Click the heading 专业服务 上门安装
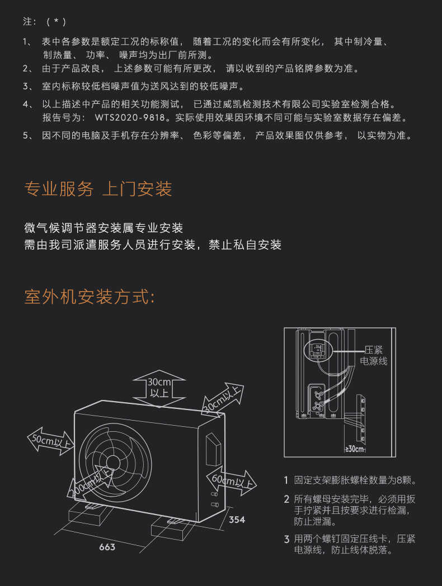pyautogui.click(x=98, y=189)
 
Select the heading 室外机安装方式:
pyautogui.click(x=90, y=297)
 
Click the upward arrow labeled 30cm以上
pyautogui.click(x=159, y=387)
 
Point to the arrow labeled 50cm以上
pyautogui.click(x=50, y=441)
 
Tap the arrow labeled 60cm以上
pyautogui.click(x=232, y=480)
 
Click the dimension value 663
pyautogui.click(x=107, y=547)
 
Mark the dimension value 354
pyautogui.click(x=237, y=520)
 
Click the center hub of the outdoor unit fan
pyautogui.click(x=115, y=462)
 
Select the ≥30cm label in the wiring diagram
pyautogui.click(x=355, y=449)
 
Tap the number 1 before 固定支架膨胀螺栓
pyautogui.click(x=286, y=480)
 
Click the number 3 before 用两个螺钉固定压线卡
pyautogui.click(x=286, y=539)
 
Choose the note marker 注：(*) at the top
pyautogui.click(x=45, y=22)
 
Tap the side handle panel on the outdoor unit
pyautogui.click(x=213, y=450)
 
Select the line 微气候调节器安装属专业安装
pyautogui.click(x=104, y=228)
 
